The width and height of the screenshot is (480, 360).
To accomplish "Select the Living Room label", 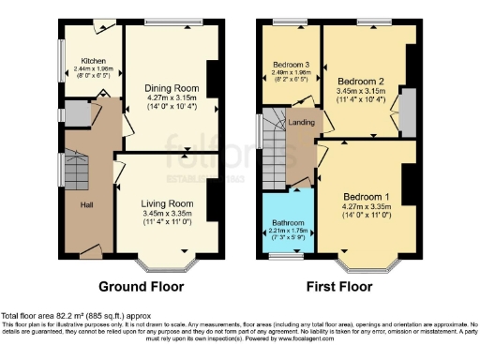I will pyautogui.click(x=167, y=203).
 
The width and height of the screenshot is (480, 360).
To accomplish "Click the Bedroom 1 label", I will pyautogui.click(x=360, y=195).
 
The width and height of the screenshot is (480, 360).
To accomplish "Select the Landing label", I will pyautogui.click(x=301, y=121).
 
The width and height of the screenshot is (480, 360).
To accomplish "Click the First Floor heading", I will pyautogui.click(x=338, y=285).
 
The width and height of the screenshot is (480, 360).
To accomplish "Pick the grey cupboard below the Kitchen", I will pyautogui.click(x=76, y=115).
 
